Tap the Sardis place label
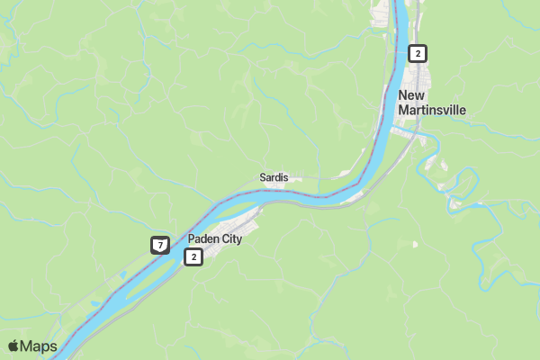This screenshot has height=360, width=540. tap(274, 177)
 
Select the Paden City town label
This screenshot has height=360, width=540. tap(214, 239)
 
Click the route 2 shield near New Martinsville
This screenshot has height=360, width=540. tap(417, 53)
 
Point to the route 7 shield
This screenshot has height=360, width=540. tap(159, 245)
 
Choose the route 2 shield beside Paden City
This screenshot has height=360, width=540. tap(193, 257)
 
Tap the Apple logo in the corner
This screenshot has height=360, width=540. tap(13, 346)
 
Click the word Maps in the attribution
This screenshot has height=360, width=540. tap(39, 346)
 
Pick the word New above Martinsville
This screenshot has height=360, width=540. tap(410, 95)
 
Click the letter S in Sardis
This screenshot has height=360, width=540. tap(262, 177)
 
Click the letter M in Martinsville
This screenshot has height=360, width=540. tap(402, 110)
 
